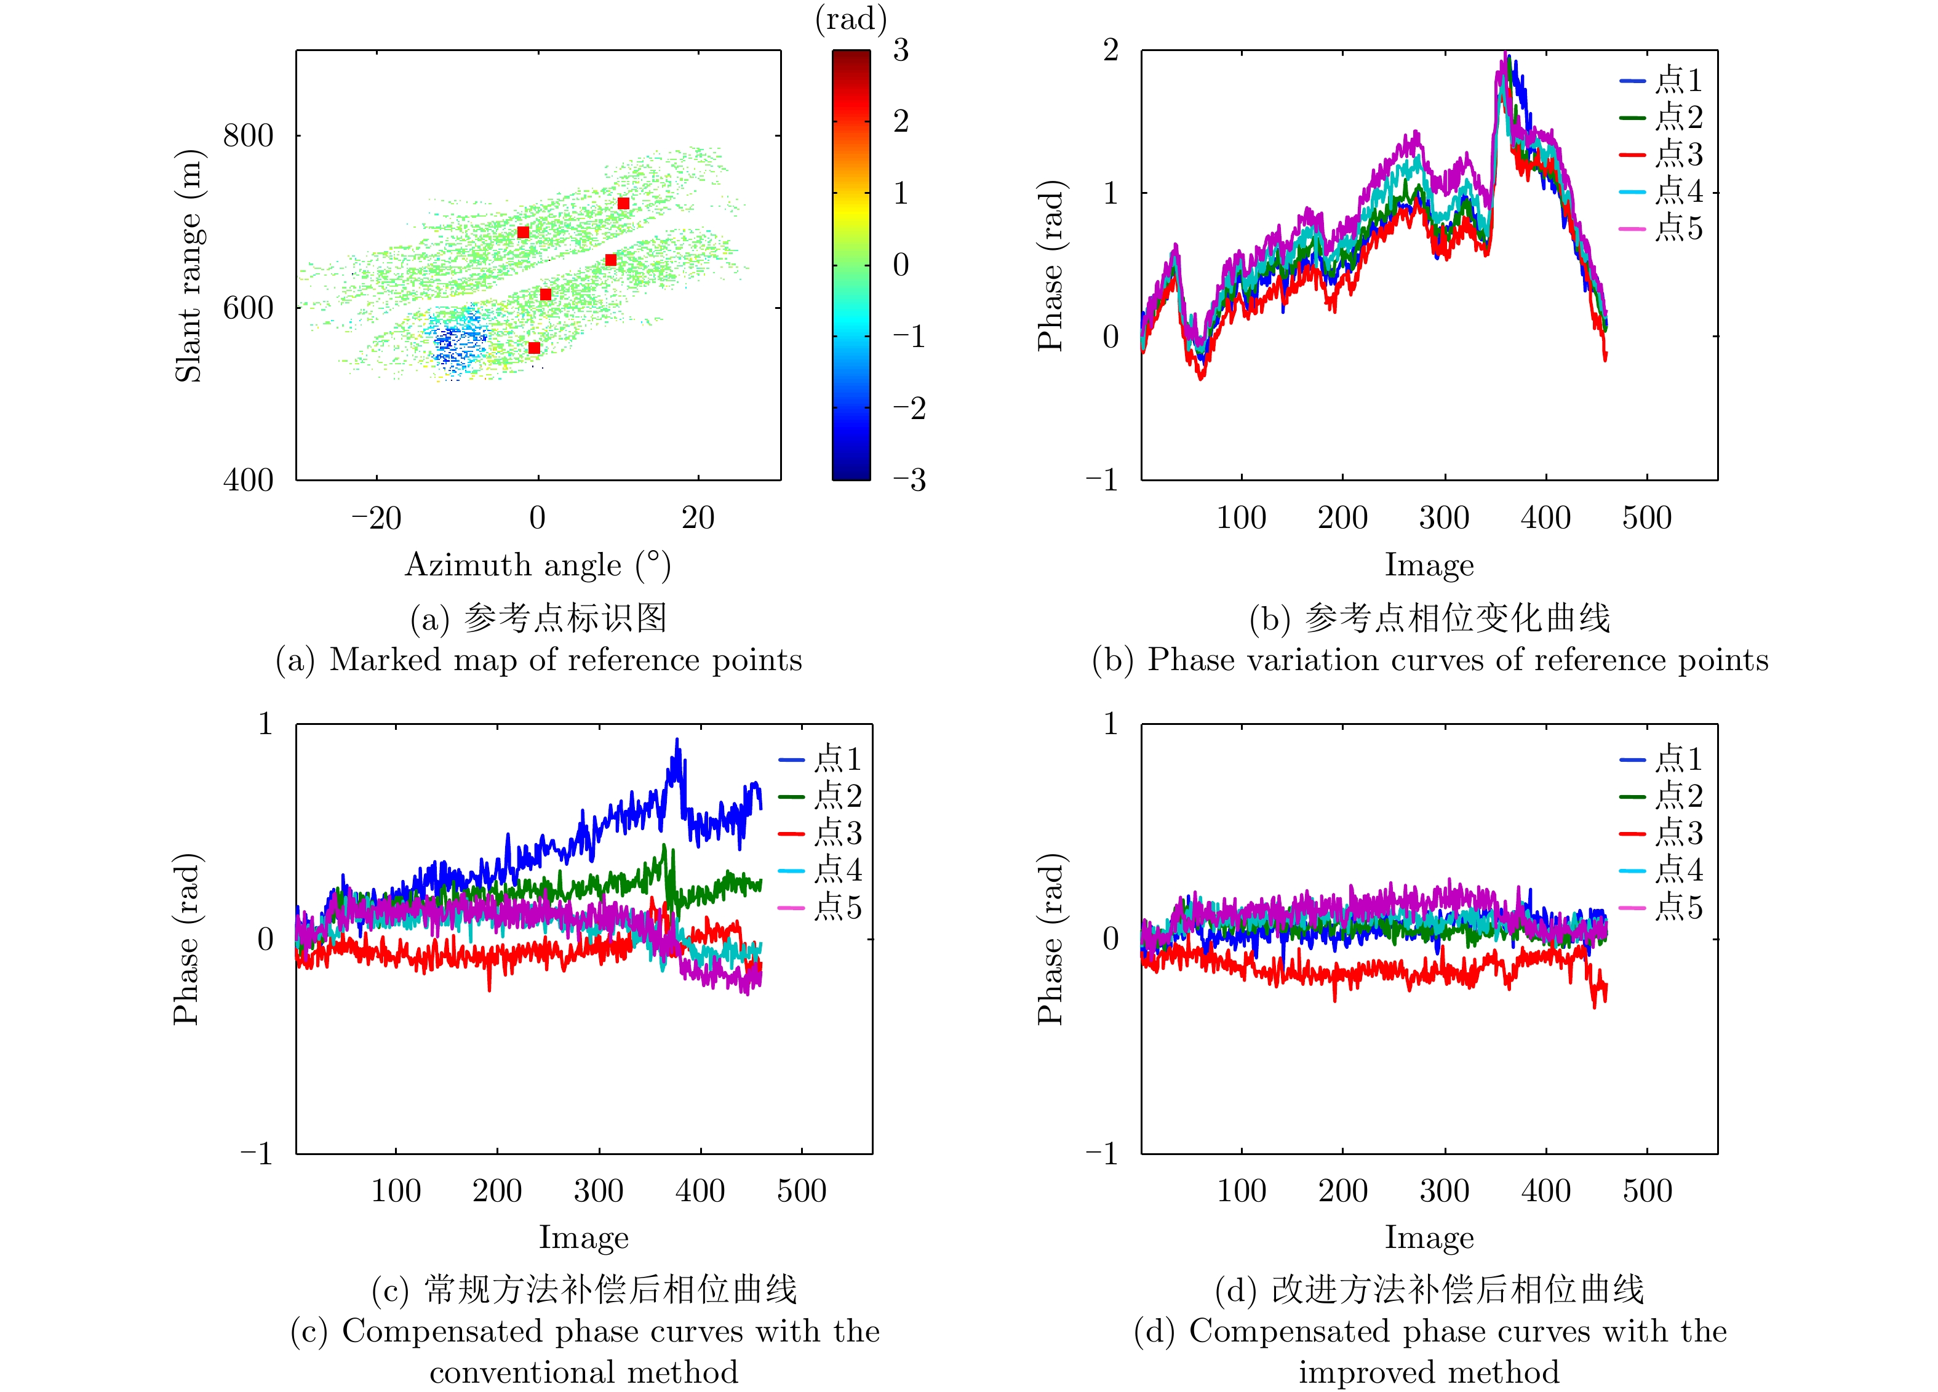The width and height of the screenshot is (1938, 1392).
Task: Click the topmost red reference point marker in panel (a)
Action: [624, 203]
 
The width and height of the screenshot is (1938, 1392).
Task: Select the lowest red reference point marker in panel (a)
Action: [534, 348]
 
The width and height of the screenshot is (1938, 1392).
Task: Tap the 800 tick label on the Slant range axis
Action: [248, 136]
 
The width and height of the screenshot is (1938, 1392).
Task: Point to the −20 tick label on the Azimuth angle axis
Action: [376, 518]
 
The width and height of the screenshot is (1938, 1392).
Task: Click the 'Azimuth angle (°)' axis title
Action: [538, 566]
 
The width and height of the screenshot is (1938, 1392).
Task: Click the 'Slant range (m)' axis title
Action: [189, 266]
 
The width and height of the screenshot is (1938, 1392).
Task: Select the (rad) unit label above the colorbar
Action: [850, 19]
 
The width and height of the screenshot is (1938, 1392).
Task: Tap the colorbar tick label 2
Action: [901, 121]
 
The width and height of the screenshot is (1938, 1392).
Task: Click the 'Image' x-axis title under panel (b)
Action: [1429, 566]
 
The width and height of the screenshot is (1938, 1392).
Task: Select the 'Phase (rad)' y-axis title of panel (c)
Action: [186, 938]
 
